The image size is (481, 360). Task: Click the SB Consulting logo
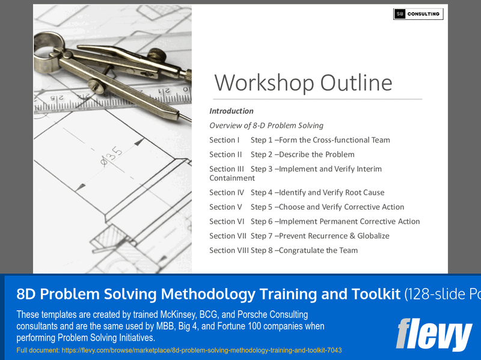418,14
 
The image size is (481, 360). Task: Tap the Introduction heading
231,111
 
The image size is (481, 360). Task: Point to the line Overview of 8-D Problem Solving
266,126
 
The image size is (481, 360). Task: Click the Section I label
225,140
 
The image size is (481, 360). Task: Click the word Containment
232,178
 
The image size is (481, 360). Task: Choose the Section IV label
227,192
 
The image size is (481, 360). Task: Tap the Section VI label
227,221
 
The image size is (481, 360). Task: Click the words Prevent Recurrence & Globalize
334,236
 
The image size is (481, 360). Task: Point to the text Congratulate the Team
318,250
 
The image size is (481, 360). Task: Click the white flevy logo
434,334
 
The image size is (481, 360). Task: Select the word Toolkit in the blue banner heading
372,294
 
